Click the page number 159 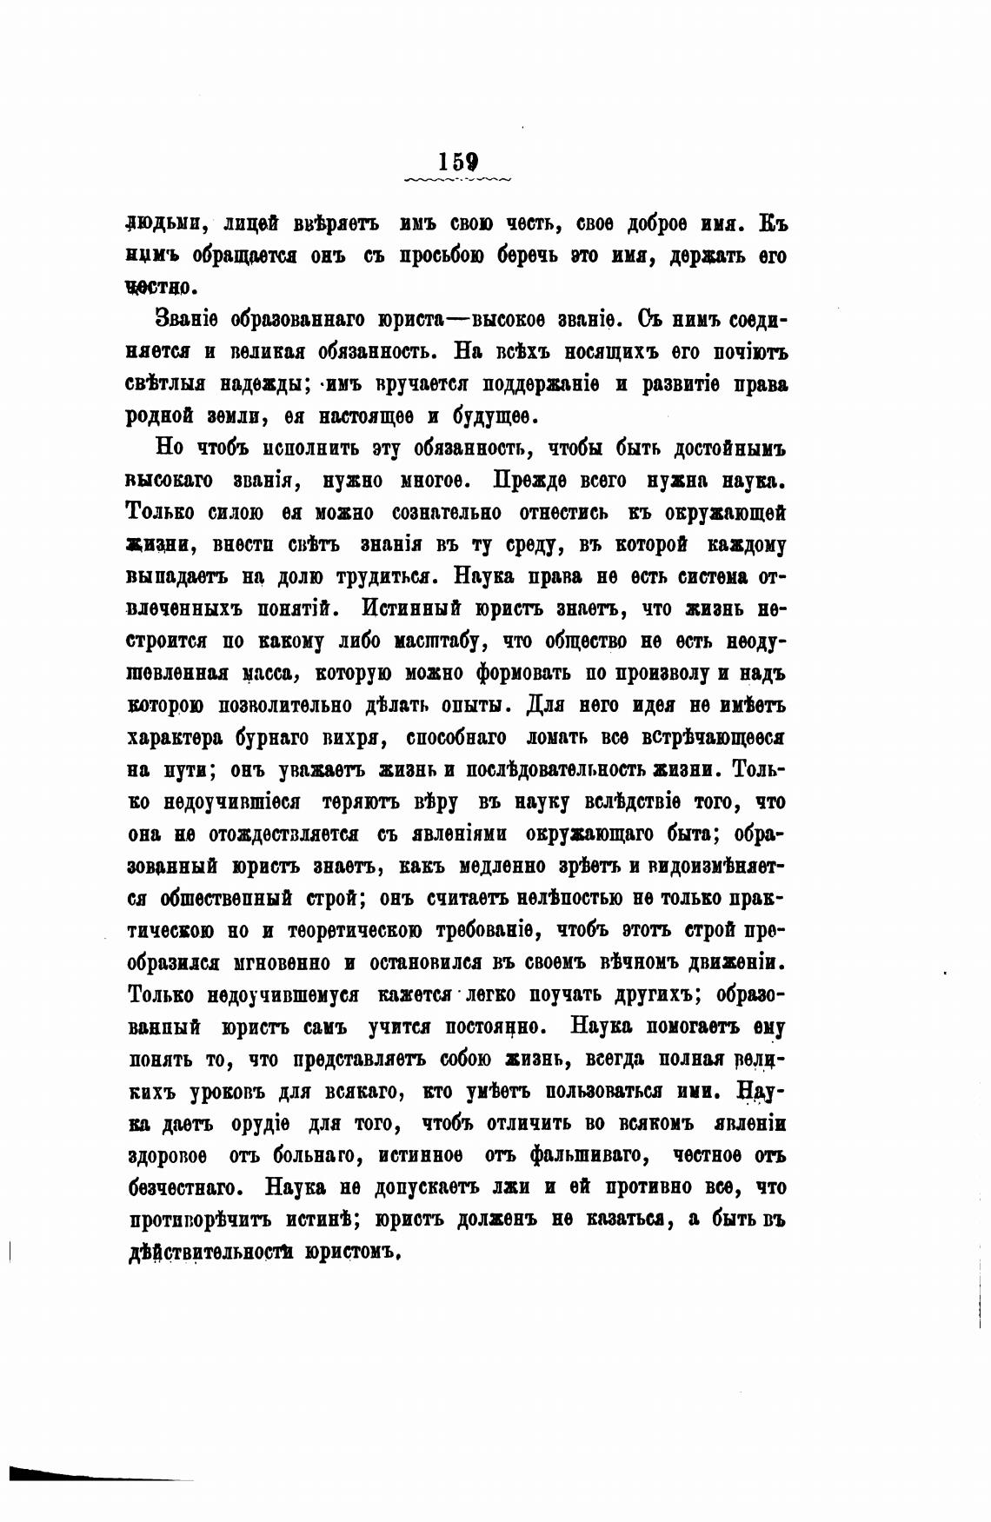pyautogui.click(x=458, y=162)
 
